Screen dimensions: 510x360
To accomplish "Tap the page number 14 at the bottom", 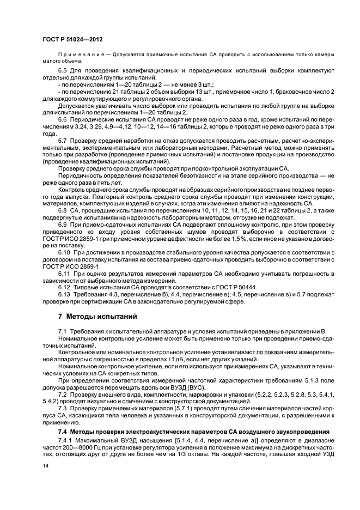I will tap(45, 466).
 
